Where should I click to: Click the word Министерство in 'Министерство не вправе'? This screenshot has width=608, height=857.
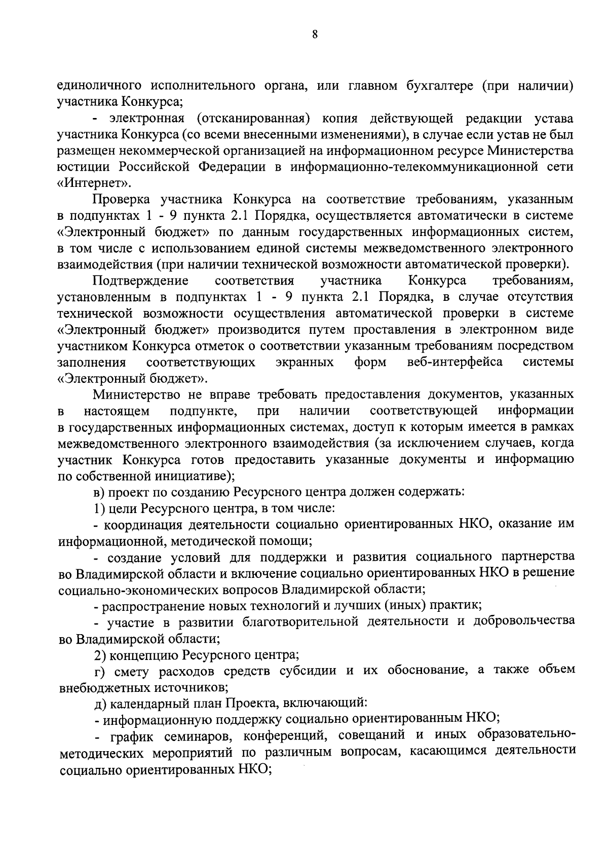[x=137, y=395]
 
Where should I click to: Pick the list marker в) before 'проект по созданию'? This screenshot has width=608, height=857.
[x=99, y=492]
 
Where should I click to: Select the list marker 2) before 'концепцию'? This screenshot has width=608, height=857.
[x=100, y=655]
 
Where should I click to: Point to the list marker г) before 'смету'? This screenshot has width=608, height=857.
[x=99, y=671]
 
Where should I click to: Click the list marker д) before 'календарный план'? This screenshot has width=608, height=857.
[x=100, y=703]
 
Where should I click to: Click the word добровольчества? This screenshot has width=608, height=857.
[x=524, y=621]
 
